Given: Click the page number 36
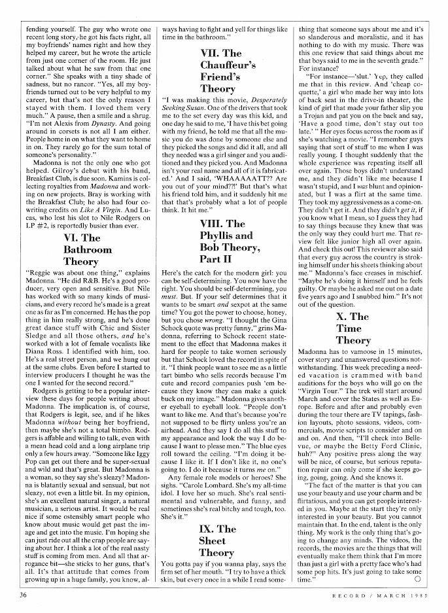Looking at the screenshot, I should pos(23,596).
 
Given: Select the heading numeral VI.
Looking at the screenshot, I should pos(73,238).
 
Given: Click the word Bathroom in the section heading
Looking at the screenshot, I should pos(88,250).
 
